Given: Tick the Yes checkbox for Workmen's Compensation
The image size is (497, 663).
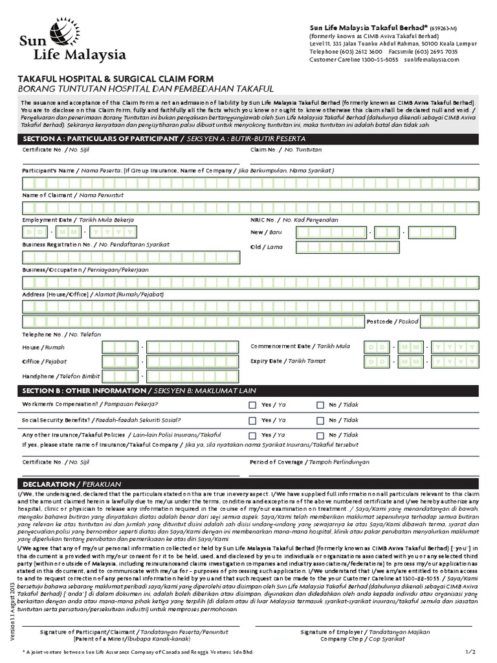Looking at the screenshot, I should [252, 405].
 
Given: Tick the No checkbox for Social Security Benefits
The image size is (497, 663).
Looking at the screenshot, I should [320, 420].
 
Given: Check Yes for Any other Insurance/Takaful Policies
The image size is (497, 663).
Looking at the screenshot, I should [252, 436].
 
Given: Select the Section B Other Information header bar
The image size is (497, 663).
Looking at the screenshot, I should [249, 391].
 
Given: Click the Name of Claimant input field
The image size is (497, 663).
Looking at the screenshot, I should [249, 207].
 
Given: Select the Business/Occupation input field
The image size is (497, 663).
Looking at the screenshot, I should [249, 282].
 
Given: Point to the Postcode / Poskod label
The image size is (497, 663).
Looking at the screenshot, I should [392, 321].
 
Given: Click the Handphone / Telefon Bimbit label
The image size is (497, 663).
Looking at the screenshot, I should [61, 376].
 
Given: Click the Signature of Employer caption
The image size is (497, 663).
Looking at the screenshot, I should [365, 631].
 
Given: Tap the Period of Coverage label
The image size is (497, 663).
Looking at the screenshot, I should [310, 462].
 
